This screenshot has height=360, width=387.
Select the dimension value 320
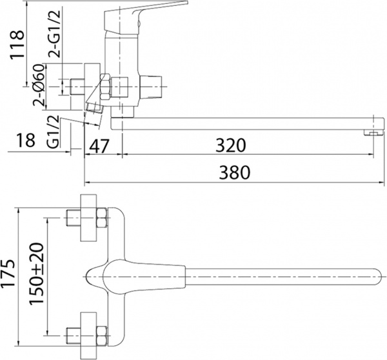(231, 145)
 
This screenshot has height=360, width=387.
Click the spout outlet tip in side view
(370, 132)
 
